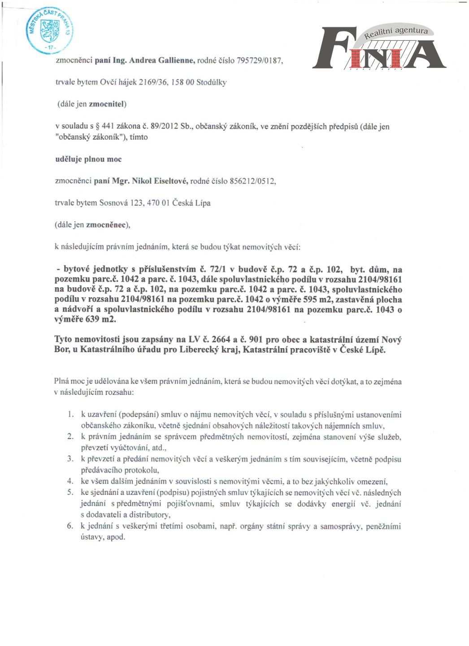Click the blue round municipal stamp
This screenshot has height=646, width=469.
click(x=49, y=31)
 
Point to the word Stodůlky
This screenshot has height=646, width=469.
click(x=212, y=83)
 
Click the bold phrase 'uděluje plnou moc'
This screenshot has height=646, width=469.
click(x=88, y=159)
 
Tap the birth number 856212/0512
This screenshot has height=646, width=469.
click(x=252, y=181)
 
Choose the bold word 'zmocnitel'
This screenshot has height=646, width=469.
click(x=106, y=104)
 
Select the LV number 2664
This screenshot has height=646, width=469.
click(x=221, y=340)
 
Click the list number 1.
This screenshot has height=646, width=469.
click(x=70, y=415)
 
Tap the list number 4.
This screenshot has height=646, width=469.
click(x=70, y=481)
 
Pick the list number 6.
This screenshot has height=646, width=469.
click(x=70, y=526)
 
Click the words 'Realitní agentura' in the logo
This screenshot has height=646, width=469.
click(x=395, y=32)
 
